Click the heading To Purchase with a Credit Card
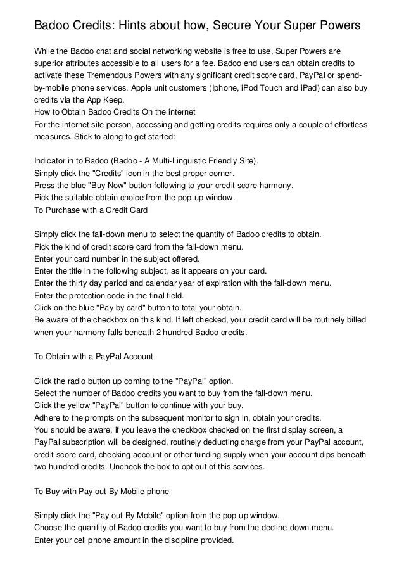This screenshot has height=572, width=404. coord(91,209)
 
